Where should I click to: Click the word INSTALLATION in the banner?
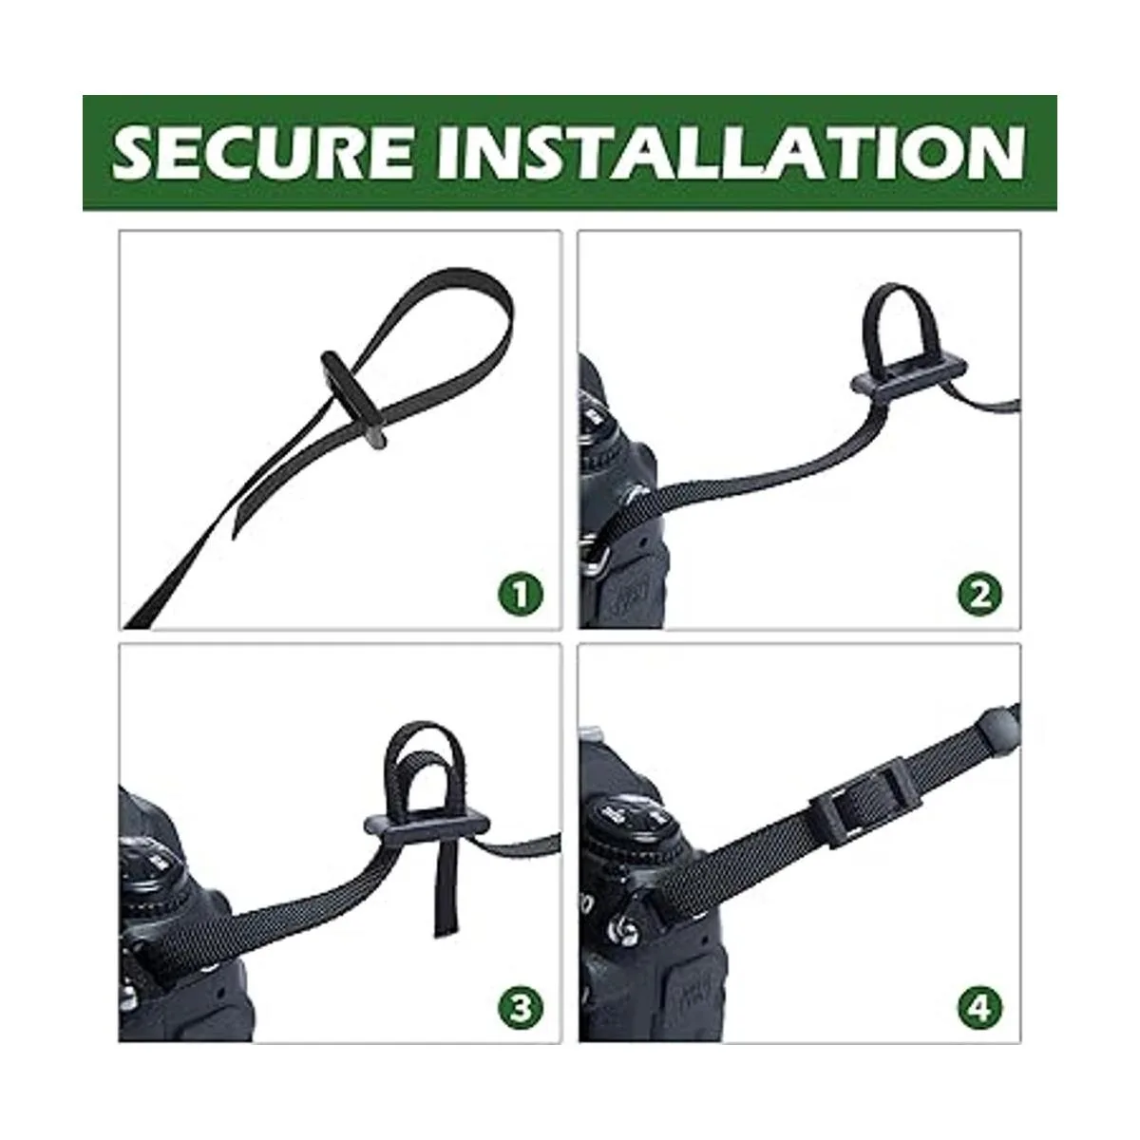[731, 153]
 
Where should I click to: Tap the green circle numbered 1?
[521, 595]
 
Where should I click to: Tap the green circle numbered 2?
[980, 595]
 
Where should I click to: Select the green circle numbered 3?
[521, 1008]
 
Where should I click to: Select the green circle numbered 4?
[980, 1008]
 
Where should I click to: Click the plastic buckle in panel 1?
[353, 399]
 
